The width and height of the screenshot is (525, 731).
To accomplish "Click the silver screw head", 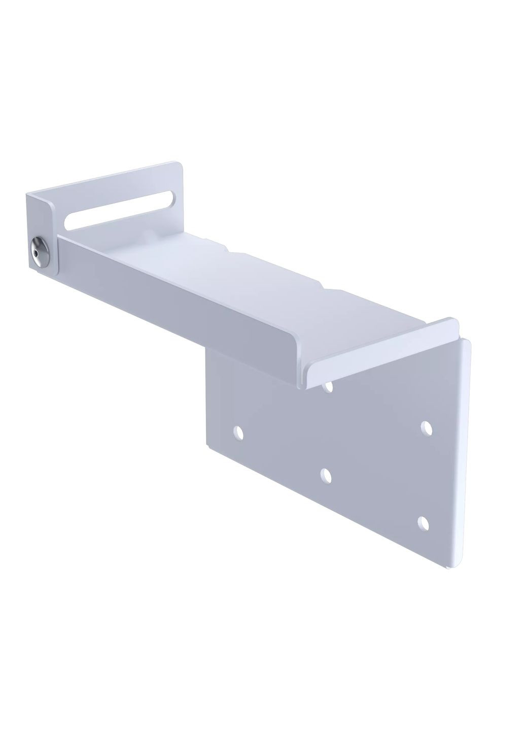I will point(39,249).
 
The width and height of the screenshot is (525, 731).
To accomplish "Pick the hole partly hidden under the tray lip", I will point(329,387).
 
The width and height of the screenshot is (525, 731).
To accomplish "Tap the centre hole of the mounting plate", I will point(326,475).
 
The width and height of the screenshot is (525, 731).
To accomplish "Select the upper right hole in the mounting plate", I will point(427,427).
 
